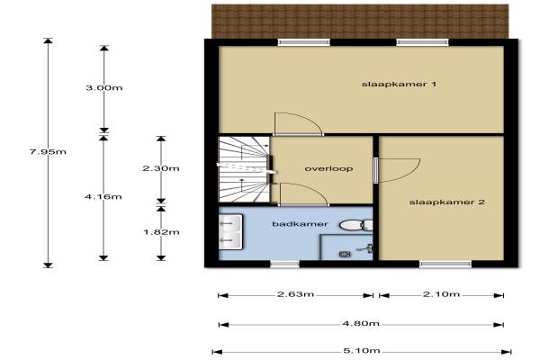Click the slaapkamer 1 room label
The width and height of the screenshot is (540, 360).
[x=399, y=84]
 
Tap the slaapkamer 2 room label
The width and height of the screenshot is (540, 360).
[x=447, y=202]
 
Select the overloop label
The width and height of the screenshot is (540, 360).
[x=328, y=169]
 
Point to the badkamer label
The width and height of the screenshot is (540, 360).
[x=300, y=224]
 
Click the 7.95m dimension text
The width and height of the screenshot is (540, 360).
[x=48, y=151]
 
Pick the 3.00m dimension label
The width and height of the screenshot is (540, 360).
[x=104, y=88]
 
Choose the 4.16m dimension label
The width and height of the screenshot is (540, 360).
[x=103, y=197]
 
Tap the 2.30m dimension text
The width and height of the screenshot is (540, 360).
[x=161, y=168]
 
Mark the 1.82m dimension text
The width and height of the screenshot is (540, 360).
[x=161, y=232]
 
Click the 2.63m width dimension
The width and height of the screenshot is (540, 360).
[x=295, y=294]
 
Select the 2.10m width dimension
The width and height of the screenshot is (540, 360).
[x=441, y=294]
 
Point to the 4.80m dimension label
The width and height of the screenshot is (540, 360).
[x=361, y=323]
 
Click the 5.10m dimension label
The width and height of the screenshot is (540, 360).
[x=362, y=351]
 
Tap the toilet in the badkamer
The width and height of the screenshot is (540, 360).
[x=356, y=225]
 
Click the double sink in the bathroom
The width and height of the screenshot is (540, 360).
[x=230, y=232]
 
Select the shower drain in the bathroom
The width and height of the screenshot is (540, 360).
[x=345, y=254]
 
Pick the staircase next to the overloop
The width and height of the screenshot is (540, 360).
[x=244, y=169]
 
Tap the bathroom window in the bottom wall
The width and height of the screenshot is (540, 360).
[x=284, y=265]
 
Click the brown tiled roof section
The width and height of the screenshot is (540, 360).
[x=360, y=22]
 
